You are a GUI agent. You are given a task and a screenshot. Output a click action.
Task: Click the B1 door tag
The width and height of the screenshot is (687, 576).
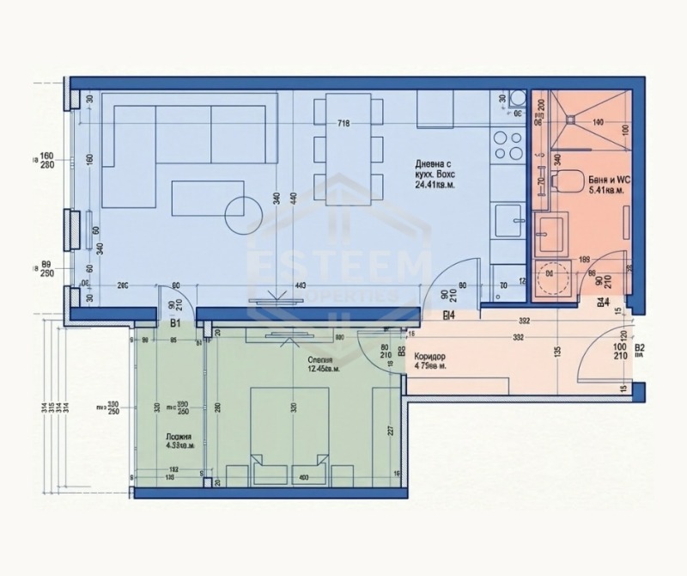[x=174, y=325]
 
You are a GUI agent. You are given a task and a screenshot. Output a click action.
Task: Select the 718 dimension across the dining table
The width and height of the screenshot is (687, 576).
[x=343, y=124]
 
